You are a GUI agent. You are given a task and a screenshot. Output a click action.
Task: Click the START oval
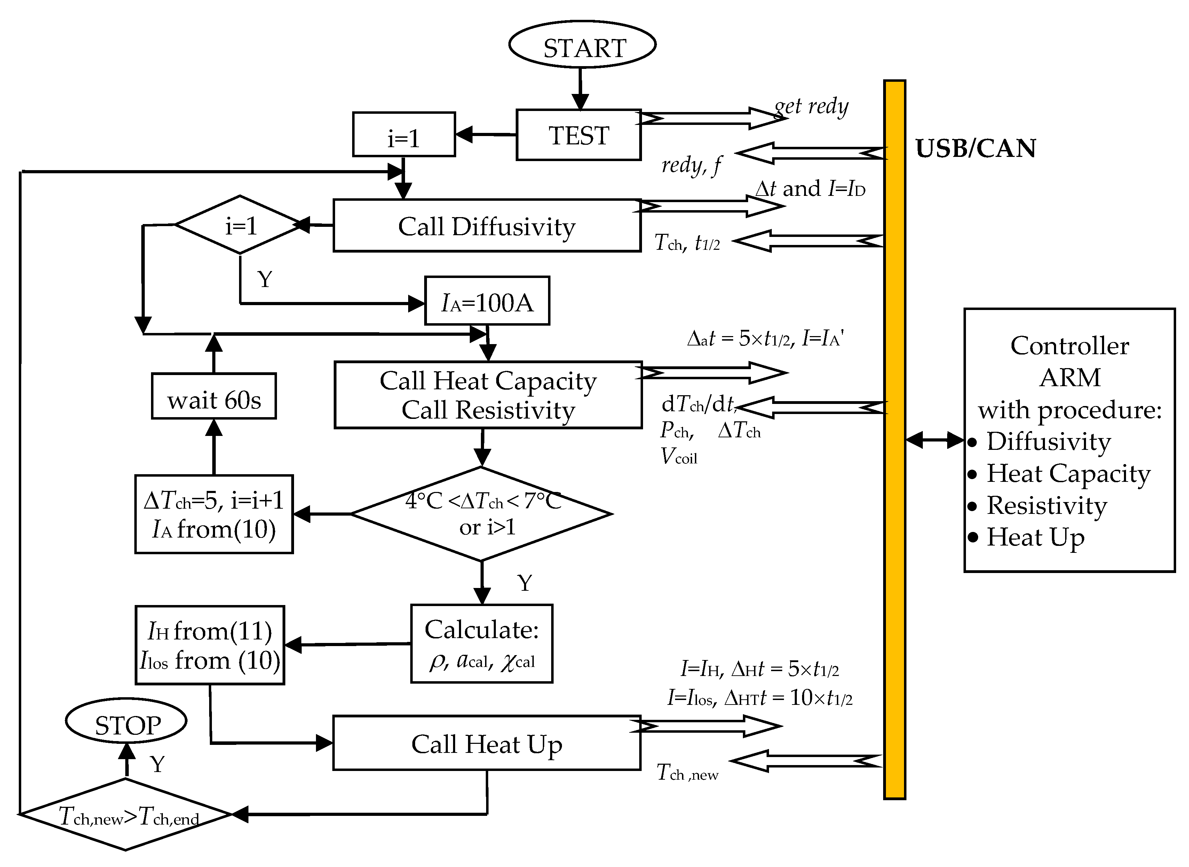tap(582, 44)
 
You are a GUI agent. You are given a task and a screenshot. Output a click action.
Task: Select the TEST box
tap(578, 135)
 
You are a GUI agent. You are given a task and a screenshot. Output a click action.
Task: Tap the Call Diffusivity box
tap(486, 226)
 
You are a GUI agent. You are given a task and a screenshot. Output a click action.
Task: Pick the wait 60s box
tap(214, 396)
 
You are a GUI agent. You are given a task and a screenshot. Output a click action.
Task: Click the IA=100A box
tap(486, 301)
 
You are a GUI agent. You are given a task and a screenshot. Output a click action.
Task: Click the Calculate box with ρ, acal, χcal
tap(481, 643)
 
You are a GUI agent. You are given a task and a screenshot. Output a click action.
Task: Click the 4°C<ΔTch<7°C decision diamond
tap(481, 514)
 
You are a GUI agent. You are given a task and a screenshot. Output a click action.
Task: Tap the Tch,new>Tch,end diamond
tap(126, 814)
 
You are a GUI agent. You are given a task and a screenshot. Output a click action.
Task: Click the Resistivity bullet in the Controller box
tap(1046, 506)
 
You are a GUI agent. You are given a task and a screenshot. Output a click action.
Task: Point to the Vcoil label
tap(679, 456)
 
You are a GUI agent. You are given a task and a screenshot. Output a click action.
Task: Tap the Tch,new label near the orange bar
tap(687, 772)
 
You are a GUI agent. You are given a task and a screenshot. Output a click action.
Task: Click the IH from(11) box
tap(210, 645)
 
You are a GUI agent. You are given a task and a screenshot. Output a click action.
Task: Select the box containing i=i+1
tap(214, 514)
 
